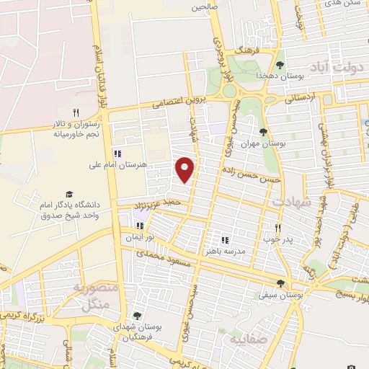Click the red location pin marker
pyautogui.click(x=185, y=169)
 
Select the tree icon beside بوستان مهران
pyautogui.click(x=264, y=131)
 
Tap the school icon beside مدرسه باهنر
pyautogui.click(x=224, y=239)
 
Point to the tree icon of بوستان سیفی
pyautogui.click(x=281, y=283)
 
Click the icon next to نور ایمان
pyautogui.click(x=139, y=226)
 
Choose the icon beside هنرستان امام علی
pyautogui.click(x=117, y=154)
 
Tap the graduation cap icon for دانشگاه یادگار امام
pyautogui.click(x=69, y=194)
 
